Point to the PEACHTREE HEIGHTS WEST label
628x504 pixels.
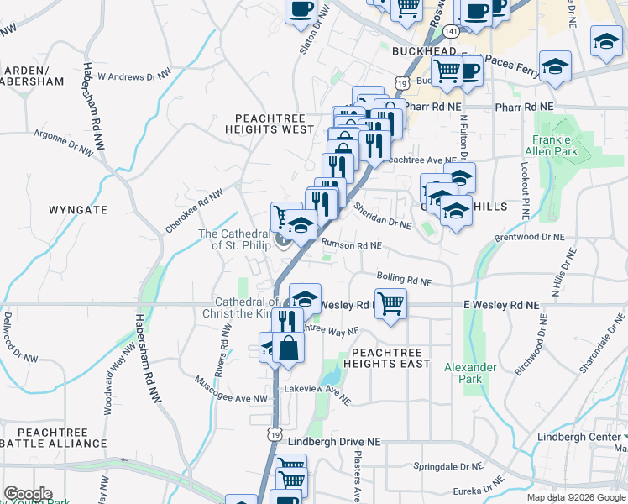pos(275,123)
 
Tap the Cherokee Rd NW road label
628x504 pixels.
pos(194,210)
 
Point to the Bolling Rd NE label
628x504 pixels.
pos(404,278)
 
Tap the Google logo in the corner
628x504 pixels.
pos(27,494)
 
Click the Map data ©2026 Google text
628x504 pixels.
pos(576,497)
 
